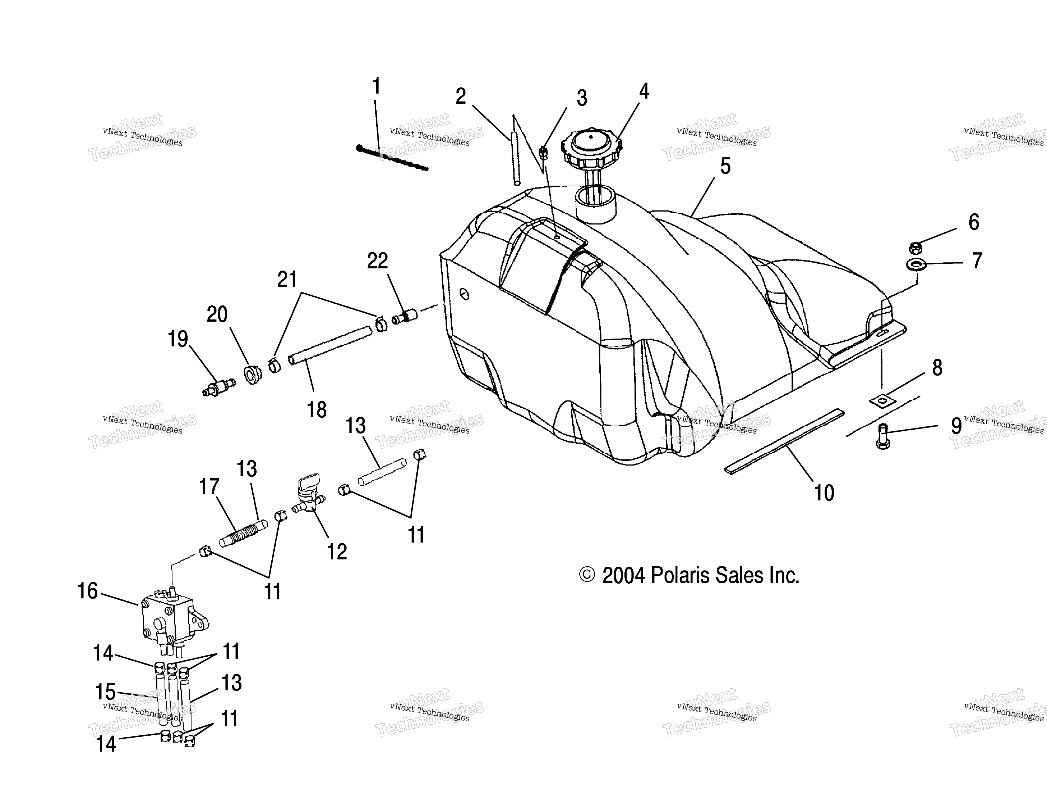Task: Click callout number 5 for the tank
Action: coord(725,166)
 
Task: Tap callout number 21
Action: coord(287,280)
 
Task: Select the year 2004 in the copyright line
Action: coord(623,576)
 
